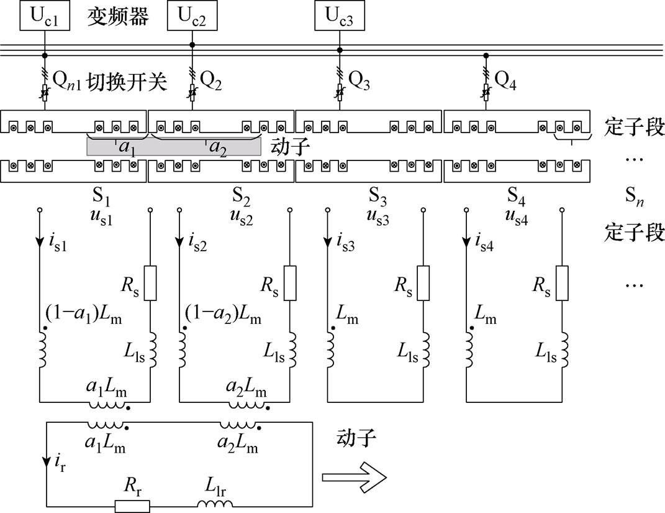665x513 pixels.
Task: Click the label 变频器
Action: (117, 17)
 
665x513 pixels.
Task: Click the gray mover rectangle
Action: (173, 147)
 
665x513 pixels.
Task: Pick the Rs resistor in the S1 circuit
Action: (150, 282)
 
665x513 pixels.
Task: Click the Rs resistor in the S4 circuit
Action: (562, 282)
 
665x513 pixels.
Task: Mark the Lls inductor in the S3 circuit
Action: (424, 349)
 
